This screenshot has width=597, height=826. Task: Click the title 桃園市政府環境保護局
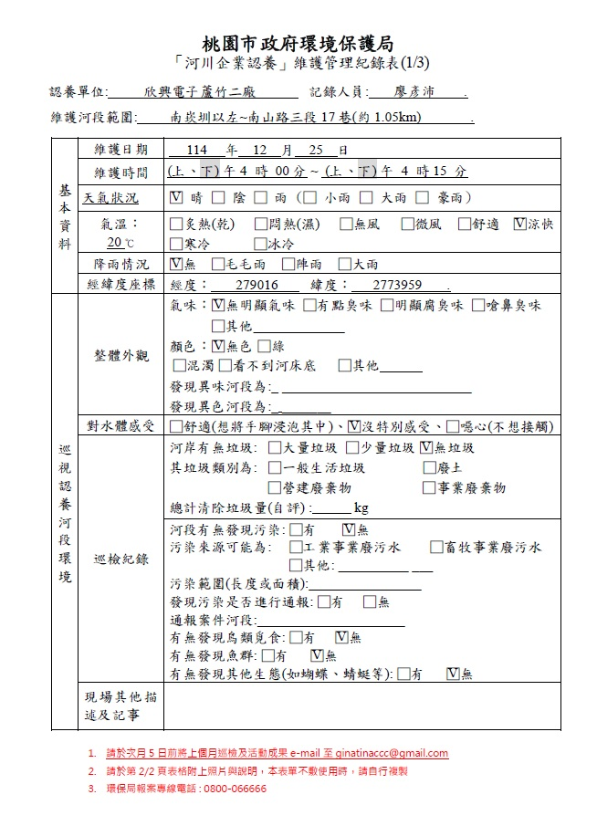click(x=298, y=43)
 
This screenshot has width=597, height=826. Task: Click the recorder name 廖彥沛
click(x=414, y=92)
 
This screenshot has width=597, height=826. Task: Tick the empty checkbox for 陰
click(x=217, y=197)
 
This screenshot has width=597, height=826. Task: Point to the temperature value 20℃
click(x=119, y=243)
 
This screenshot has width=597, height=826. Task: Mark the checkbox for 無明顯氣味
click(x=218, y=306)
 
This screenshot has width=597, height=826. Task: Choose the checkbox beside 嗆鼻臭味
click(x=478, y=306)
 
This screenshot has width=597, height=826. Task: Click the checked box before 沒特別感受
click(x=354, y=426)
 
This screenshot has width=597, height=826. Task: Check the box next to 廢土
click(x=430, y=468)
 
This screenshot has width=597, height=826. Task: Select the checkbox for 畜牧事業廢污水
click(x=437, y=548)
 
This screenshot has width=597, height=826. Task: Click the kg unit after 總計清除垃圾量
click(x=361, y=508)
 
